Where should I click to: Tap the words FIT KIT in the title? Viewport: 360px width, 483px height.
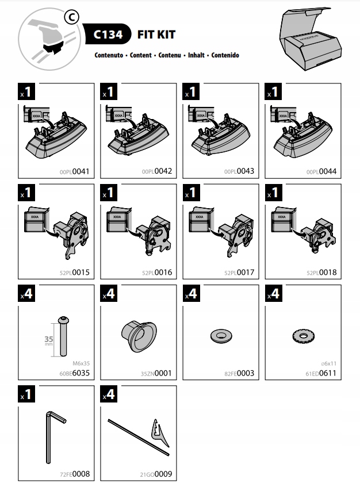click(x=156, y=34)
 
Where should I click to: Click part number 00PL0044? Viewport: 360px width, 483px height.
click(x=322, y=171)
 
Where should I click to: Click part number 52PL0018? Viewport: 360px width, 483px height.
click(x=322, y=273)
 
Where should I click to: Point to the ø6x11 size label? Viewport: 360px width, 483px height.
click(x=329, y=363)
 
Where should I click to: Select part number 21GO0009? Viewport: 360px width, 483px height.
click(x=156, y=474)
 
